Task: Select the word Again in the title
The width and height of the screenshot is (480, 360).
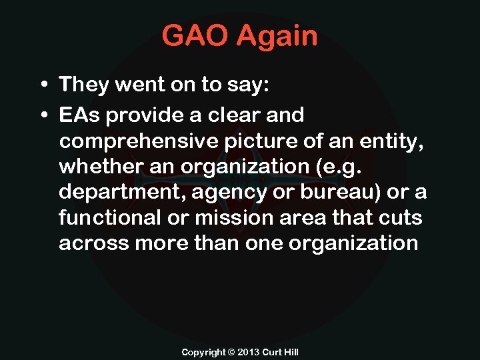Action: pyautogui.click(x=279, y=37)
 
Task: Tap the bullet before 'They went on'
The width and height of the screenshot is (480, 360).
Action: pyautogui.click(x=42, y=85)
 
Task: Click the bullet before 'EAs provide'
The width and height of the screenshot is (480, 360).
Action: pyautogui.click(x=42, y=115)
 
